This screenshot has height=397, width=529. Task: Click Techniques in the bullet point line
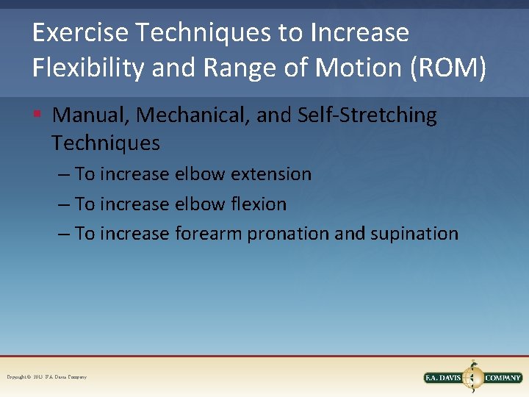pyautogui.click(x=106, y=143)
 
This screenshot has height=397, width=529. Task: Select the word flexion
pyautogui.click(x=258, y=204)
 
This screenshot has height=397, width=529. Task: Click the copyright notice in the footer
pyautogui.click(x=46, y=377)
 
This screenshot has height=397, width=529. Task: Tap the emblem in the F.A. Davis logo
pyautogui.click(x=474, y=376)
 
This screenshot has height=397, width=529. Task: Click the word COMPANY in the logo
pyautogui.click(x=503, y=378)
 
